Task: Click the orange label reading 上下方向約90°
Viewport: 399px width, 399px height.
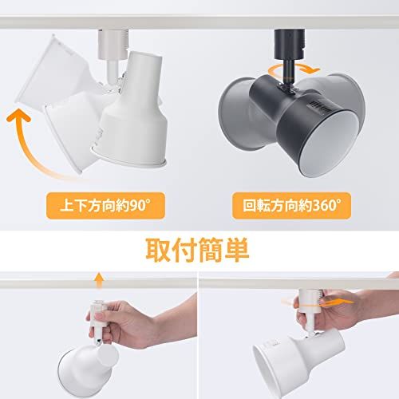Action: click(x=105, y=206)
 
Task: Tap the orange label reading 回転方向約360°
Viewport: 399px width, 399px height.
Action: click(x=291, y=206)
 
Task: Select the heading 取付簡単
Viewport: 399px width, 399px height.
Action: click(x=197, y=251)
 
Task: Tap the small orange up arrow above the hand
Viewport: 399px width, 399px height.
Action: click(x=99, y=280)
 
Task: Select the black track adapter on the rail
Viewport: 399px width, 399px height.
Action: click(x=290, y=43)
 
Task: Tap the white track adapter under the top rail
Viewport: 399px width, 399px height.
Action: click(x=113, y=44)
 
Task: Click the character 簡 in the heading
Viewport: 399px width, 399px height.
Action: click(x=210, y=251)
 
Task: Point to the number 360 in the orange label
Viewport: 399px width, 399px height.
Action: click(x=323, y=206)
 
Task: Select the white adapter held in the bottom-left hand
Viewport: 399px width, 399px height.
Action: click(x=98, y=321)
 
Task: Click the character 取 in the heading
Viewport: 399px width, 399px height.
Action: click(x=158, y=251)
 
